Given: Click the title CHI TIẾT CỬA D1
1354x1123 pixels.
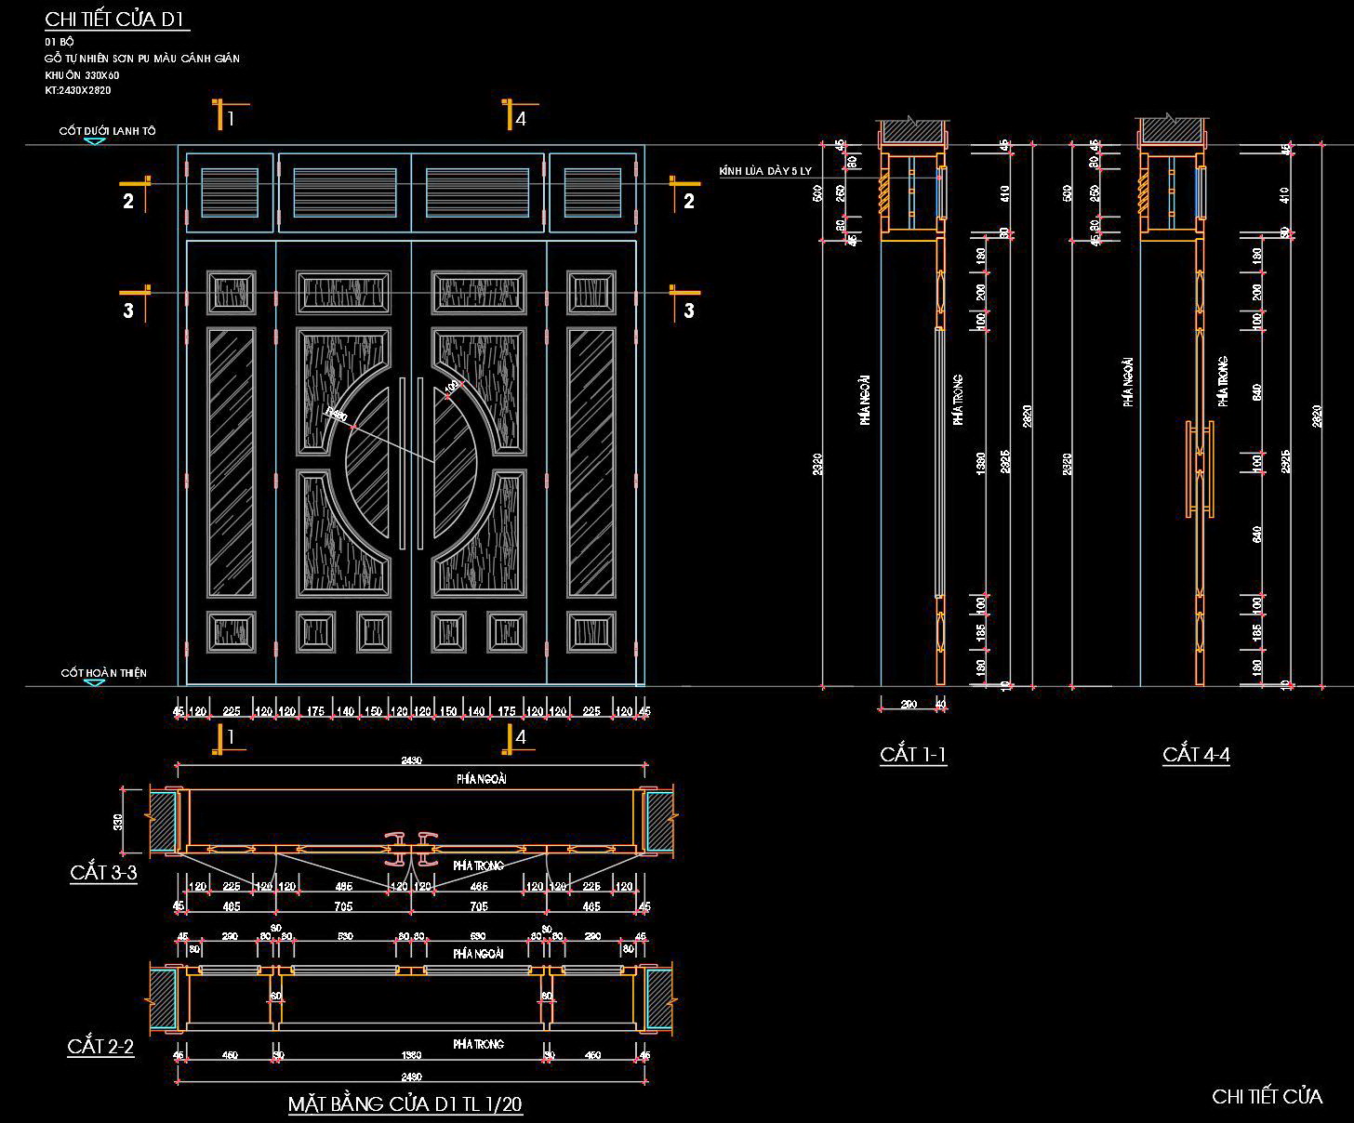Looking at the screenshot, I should tap(117, 20).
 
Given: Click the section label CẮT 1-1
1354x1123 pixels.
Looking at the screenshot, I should tap(913, 754).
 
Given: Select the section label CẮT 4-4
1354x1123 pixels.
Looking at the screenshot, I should tap(1196, 754).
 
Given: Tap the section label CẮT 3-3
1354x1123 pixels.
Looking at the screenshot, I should tap(103, 872).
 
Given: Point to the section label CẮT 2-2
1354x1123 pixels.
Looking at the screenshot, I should tap(100, 1047).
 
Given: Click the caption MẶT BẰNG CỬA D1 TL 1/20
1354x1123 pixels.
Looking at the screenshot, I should tap(405, 1104).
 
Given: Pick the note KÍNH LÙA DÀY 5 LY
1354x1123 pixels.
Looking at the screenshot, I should tap(765, 172).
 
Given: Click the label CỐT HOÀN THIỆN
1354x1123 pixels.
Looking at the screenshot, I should tap(103, 672).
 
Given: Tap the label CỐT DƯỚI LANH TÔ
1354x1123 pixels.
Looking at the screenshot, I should tap(107, 131).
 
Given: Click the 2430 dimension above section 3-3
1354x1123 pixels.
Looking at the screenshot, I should tap(411, 760).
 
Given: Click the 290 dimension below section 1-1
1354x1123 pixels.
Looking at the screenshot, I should tap(909, 705).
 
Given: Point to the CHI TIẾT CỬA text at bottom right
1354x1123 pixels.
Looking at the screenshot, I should tap(1267, 1097).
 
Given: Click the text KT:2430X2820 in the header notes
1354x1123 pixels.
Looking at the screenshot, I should tap(78, 90).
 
